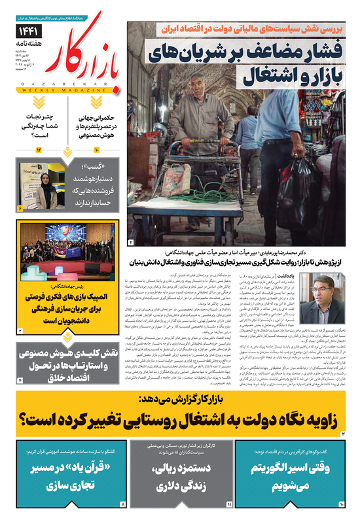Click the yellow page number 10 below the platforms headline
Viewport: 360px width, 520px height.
pos(95,151)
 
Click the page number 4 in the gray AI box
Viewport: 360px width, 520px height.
pos(20,380)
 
